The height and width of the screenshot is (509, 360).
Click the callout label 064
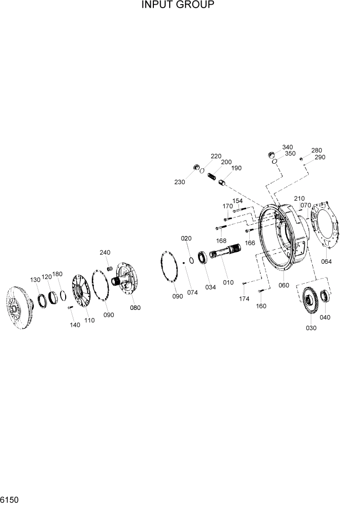(326, 262)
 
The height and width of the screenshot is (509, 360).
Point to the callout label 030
(311, 328)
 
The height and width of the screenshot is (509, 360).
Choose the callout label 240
(105, 252)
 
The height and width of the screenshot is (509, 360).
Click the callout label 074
(192, 292)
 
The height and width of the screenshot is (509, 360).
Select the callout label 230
(179, 182)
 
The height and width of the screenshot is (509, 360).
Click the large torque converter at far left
(21, 308)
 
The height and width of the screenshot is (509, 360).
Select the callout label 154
(237, 201)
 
